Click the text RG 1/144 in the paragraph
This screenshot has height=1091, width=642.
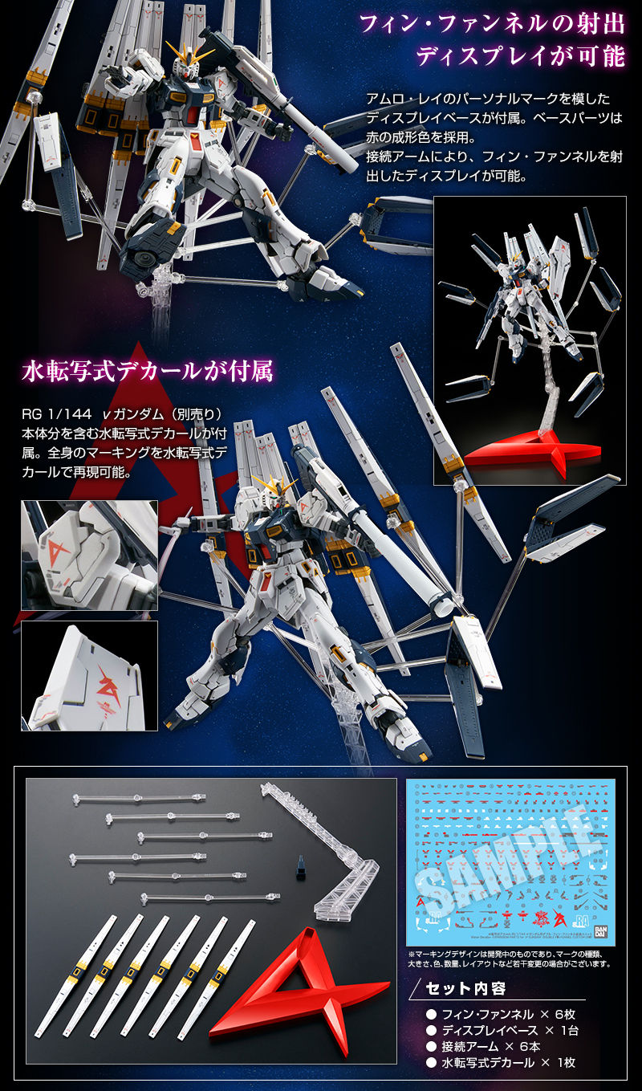pyautogui.click(x=52, y=414)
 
